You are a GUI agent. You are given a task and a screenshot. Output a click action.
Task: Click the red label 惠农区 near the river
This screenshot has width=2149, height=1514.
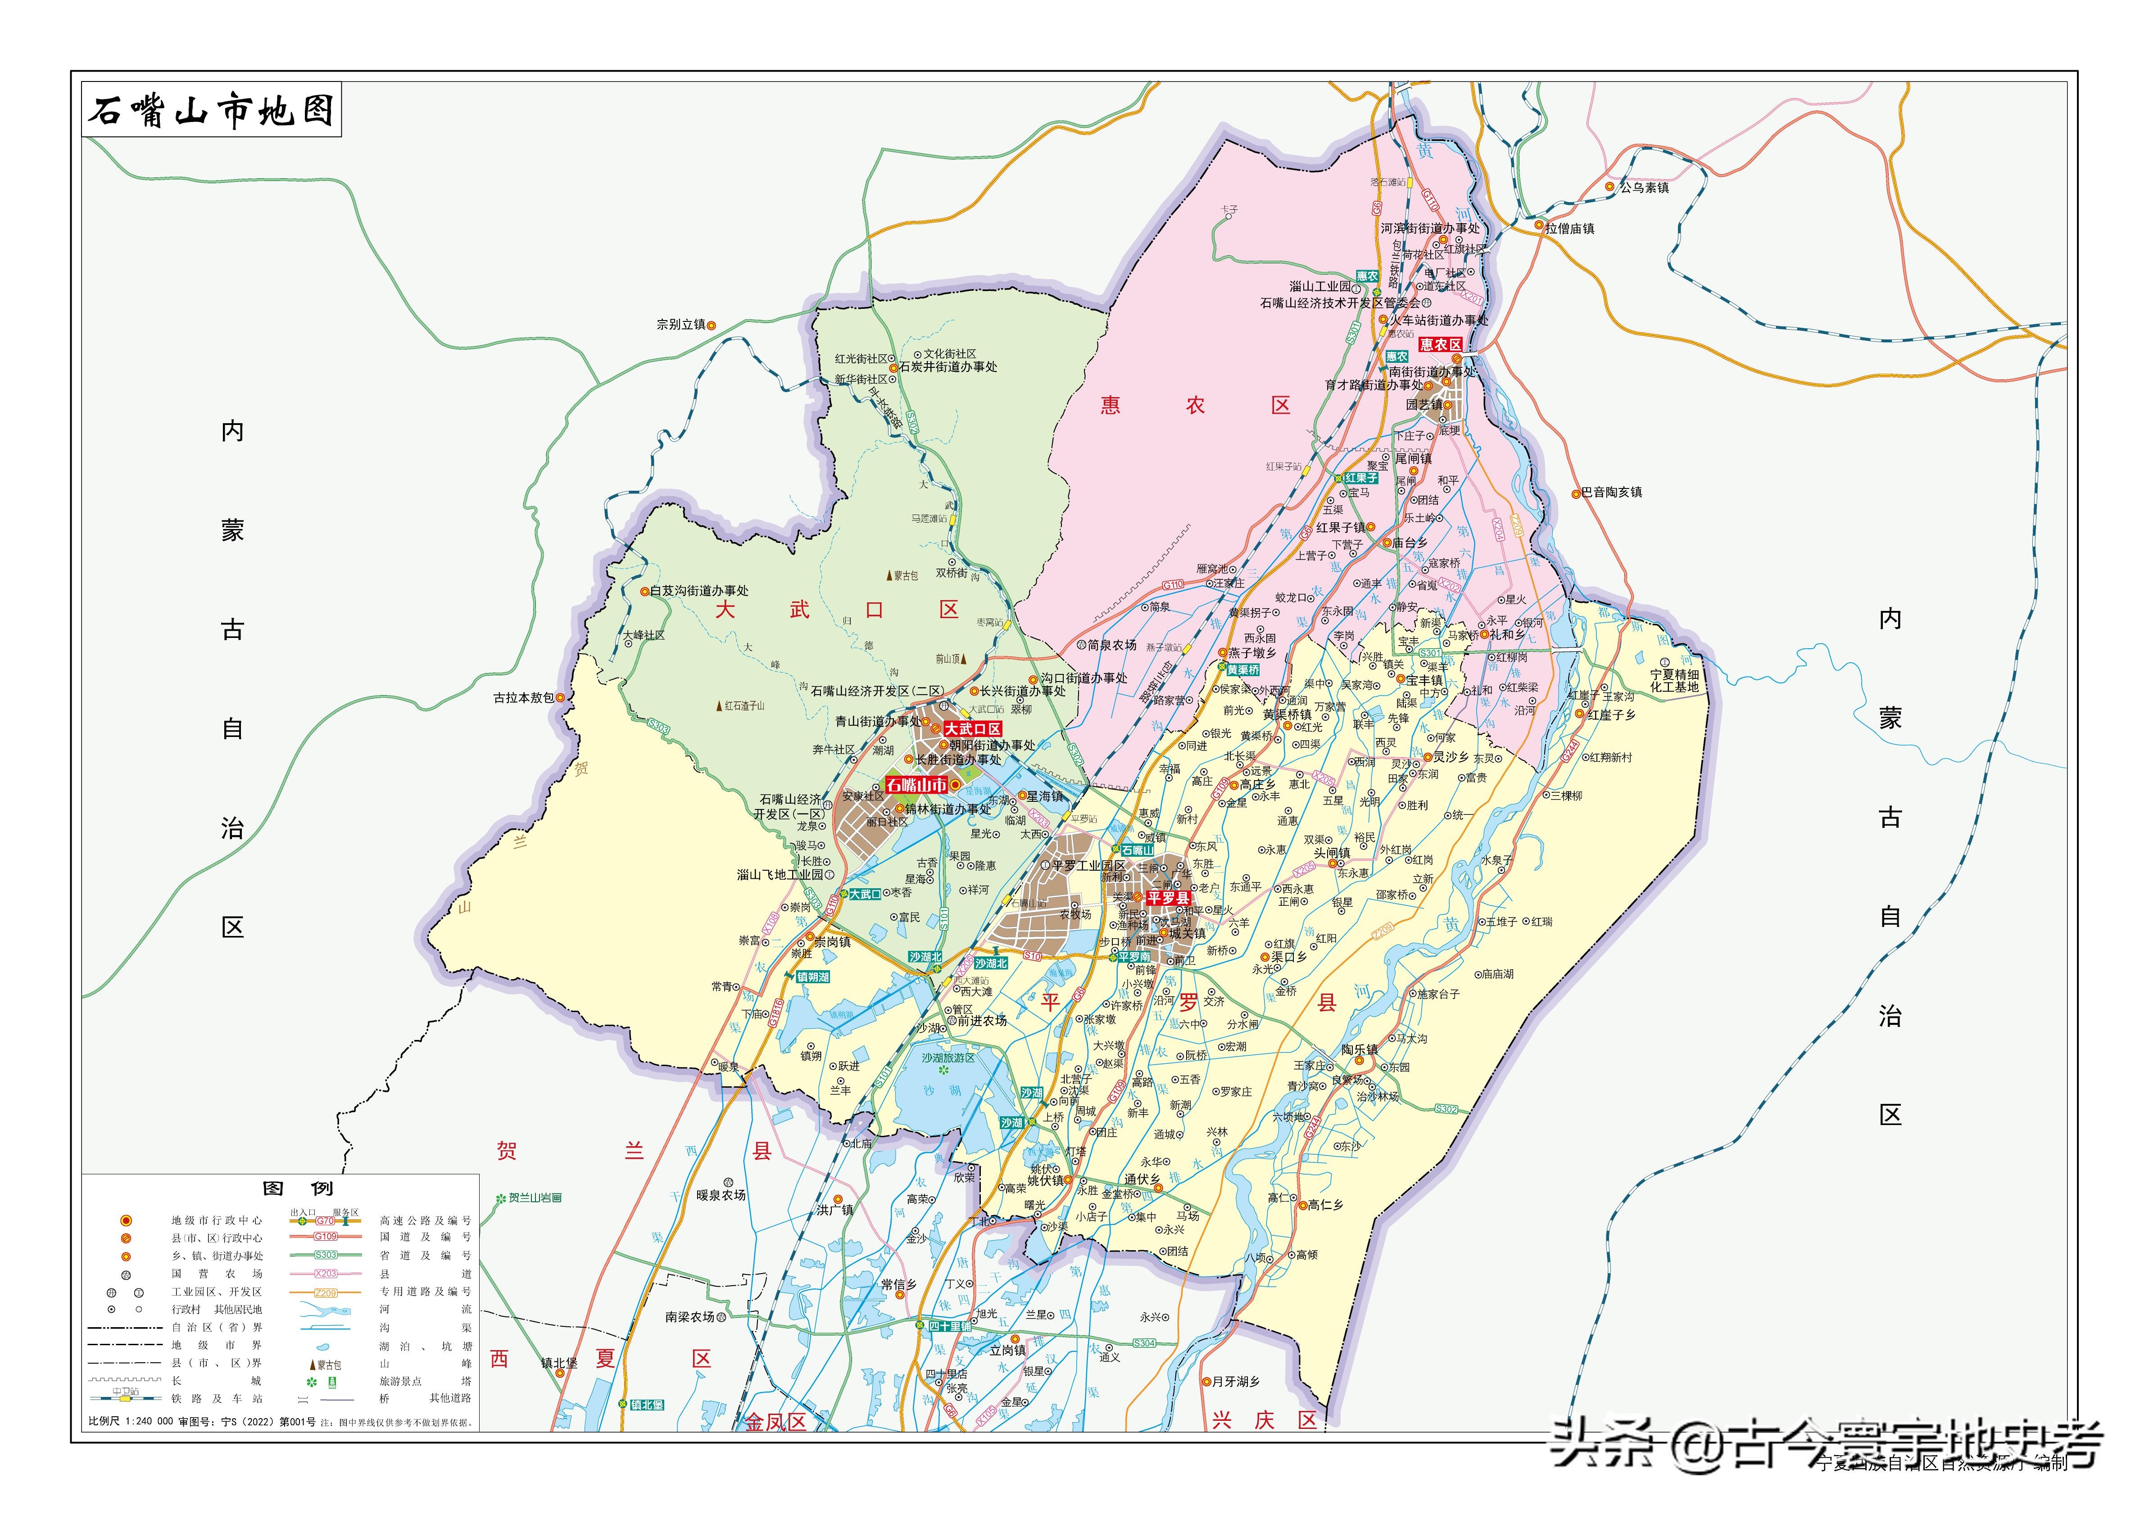tap(1441, 344)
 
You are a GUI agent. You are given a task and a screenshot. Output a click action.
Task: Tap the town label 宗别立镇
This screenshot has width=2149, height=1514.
tap(681, 325)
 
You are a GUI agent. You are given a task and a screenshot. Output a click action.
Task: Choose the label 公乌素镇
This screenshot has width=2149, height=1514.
tap(1645, 187)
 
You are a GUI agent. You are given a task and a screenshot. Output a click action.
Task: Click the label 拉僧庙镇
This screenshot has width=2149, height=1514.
tap(1569, 228)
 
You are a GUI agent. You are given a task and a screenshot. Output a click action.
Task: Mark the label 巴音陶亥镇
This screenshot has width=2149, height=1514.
tap(1612, 492)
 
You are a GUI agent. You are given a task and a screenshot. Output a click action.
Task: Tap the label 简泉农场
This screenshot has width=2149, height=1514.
tap(1112, 645)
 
